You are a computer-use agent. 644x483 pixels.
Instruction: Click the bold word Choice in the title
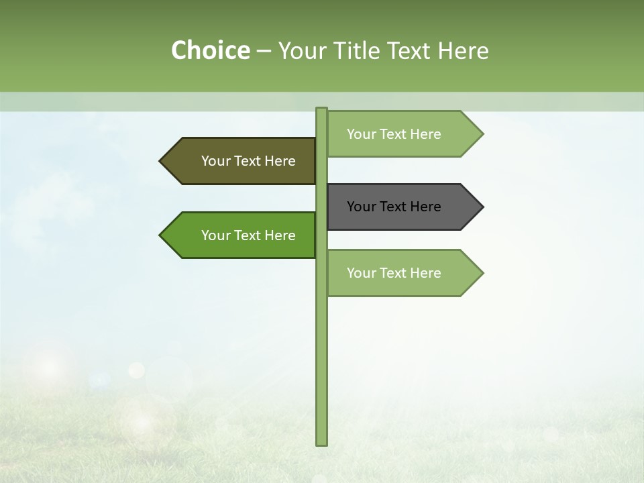click(x=210, y=50)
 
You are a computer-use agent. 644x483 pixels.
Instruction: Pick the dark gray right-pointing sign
click(x=402, y=207)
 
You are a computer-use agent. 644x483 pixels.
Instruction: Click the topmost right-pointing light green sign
click(x=402, y=134)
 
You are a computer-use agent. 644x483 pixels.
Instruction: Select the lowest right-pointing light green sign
click(x=402, y=273)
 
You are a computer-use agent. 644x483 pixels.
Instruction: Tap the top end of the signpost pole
click(x=321, y=109)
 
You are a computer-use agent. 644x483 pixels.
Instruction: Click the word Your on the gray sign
click(x=361, y=207)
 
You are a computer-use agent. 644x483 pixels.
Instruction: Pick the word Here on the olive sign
click(x=280, y=161)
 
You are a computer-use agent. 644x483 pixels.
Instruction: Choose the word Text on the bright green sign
click(x=248, y=235)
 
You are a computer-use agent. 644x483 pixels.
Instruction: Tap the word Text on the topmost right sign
click(x=393, y=134)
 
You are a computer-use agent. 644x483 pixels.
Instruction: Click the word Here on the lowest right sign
click(x=425, y=273)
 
